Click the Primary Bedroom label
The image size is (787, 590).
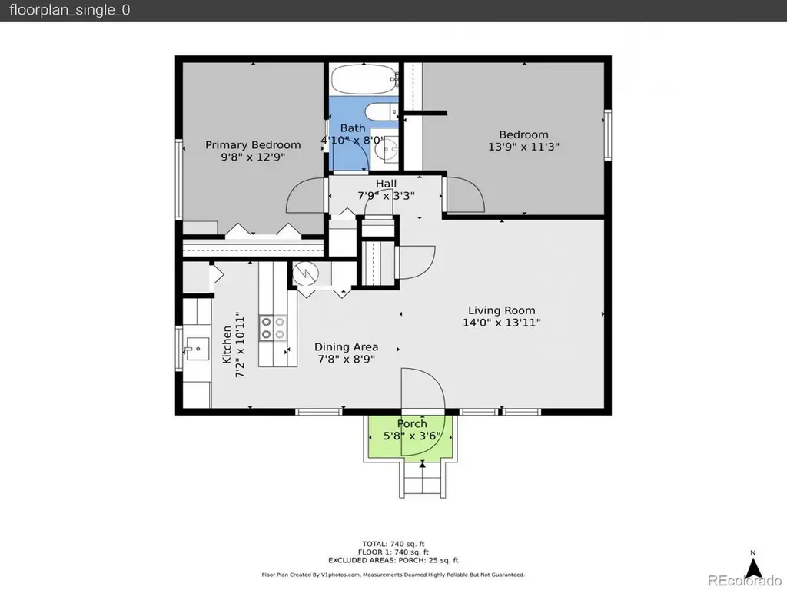click(253, 145)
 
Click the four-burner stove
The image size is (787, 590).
click(273, 328)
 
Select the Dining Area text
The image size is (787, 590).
click(347, 346)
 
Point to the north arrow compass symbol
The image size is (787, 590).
click(753, 567)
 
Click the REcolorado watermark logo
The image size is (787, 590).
click(744, 581)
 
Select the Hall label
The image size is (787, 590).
click(386, 184)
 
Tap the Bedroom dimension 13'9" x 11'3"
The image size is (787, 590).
click(523, 147)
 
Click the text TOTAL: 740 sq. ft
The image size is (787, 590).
click(393, 544)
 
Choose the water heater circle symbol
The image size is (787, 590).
click(306, 274)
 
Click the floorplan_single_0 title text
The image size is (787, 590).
click(70, 11)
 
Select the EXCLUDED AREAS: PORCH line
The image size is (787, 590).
click(393, 560)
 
